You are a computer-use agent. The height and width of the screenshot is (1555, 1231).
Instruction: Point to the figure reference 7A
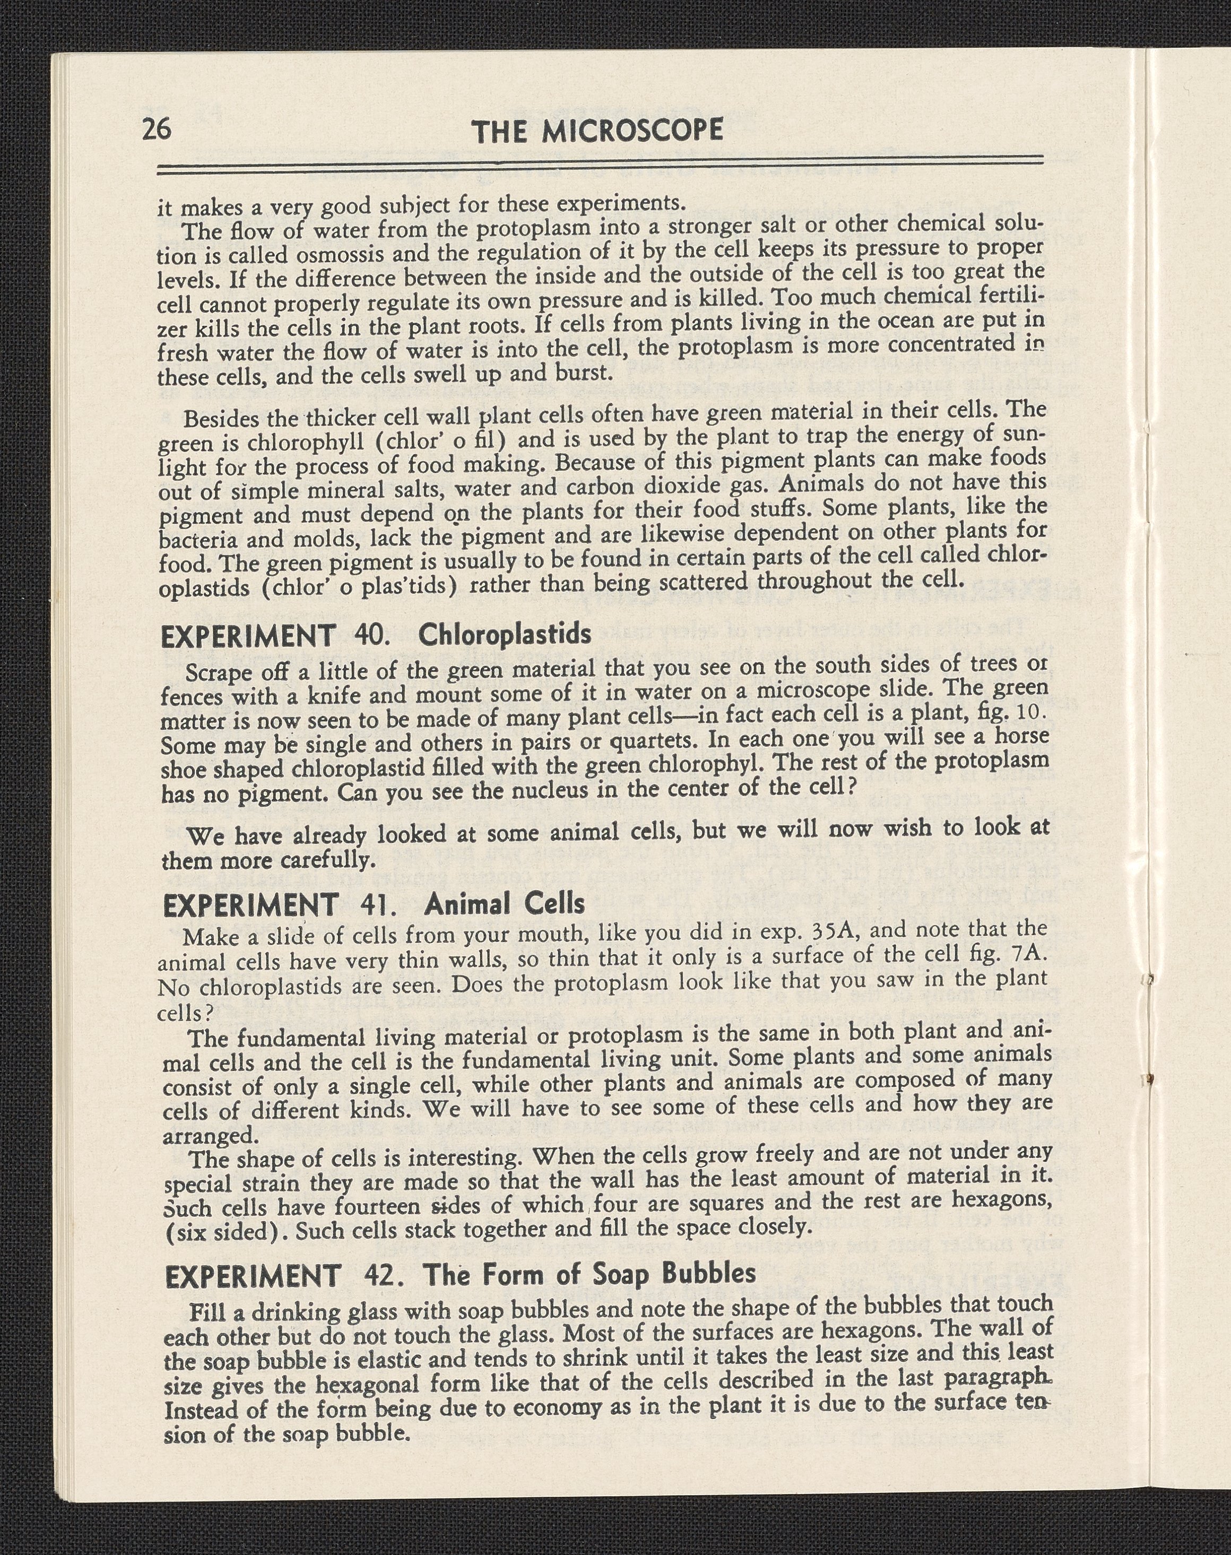[1027, 953]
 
